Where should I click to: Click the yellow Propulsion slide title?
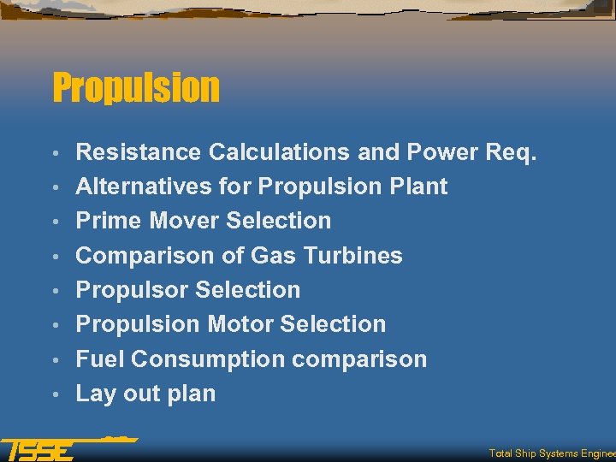click(136, 87)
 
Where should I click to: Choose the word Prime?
click(109, 221)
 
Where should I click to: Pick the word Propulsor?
click(127, 290)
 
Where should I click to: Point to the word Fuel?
click(100, 359)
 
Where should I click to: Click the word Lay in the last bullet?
click(94, 394)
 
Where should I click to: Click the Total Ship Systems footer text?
click(552, 453)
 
